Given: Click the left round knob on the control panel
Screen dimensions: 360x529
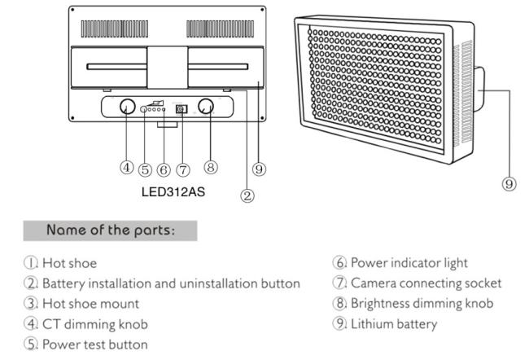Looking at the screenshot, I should [128, 107].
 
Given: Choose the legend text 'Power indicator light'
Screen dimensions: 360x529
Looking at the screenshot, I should [409, 263].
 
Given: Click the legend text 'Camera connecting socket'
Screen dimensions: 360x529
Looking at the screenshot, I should [426, 283].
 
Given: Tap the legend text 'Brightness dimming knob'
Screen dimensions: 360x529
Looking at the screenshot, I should [422, 304].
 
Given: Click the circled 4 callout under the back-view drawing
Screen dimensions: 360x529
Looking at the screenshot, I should [126, 167].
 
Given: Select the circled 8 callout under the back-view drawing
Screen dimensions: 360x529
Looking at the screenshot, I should [211, 167].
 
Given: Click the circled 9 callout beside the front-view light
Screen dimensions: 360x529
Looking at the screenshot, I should [509, 184].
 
